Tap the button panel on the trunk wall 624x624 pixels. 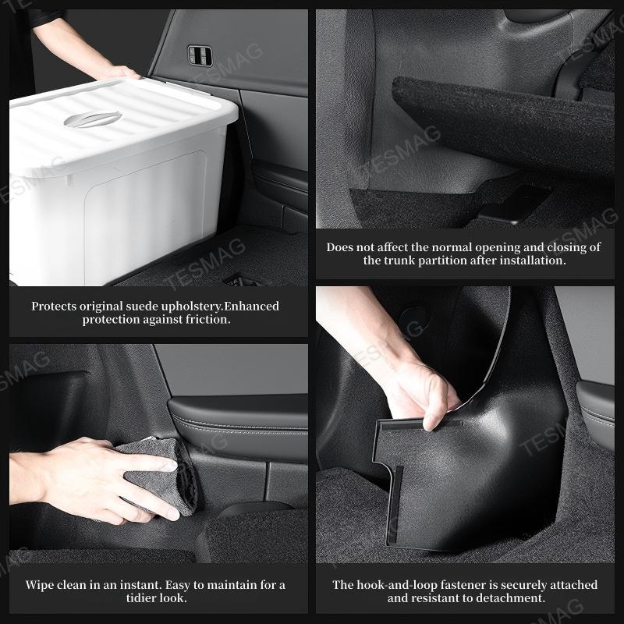pos(200,55)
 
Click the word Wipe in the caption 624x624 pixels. pos(41,585)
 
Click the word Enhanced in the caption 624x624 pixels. pos(252,307)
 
